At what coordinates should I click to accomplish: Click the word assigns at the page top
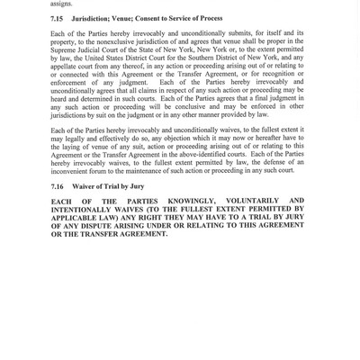pos(63,3)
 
